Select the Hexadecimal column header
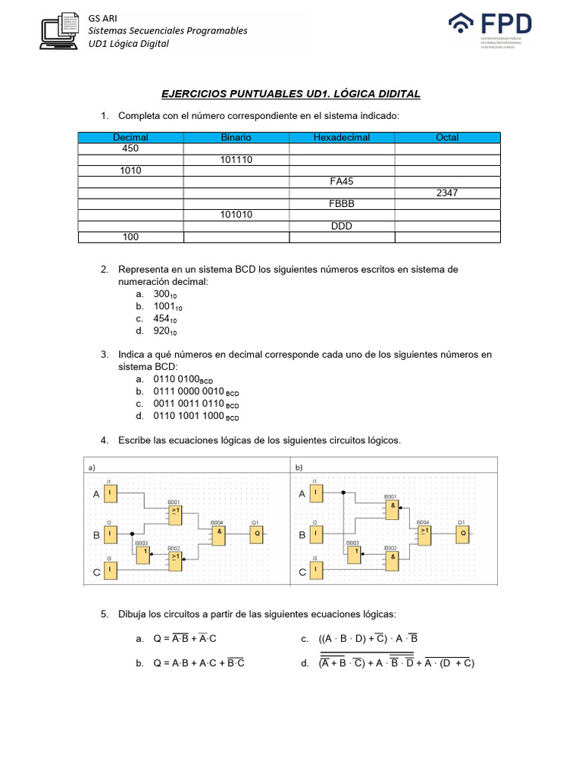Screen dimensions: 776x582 [x=341, y=137]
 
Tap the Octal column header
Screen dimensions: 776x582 [x=447, y=137]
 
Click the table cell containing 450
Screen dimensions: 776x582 [x=130, y=149]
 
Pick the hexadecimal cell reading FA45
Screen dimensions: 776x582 [x=341, y=182]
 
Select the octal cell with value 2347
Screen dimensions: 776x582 [x=447, y=193]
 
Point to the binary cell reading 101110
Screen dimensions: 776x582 [x=236, y=160]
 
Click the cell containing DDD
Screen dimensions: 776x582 [x=341, y=227]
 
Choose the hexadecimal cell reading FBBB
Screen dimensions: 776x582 [x=341, y=204]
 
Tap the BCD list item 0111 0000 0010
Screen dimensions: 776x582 [x=196, y=391]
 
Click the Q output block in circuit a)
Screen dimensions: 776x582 [x=258, y=533]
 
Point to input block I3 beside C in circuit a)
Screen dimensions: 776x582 [x=111, y=573]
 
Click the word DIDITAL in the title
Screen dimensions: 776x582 [x=393, y=93]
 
